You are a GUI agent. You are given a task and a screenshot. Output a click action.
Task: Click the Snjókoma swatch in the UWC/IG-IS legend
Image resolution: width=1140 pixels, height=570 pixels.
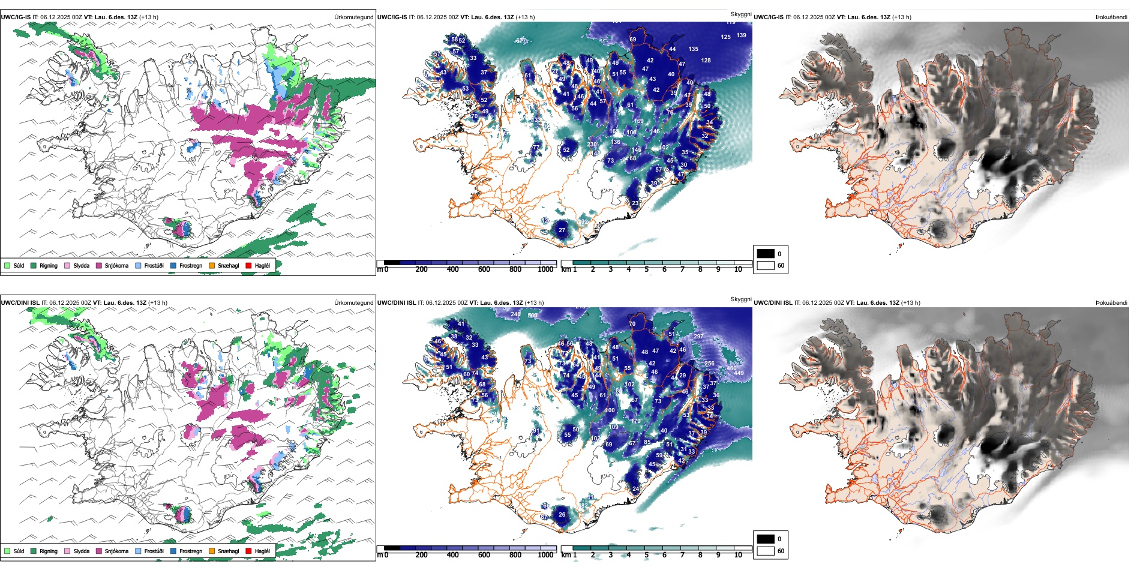(x=99, y=265)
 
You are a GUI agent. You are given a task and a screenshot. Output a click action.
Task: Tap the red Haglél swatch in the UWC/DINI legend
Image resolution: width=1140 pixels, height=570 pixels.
(x=248, y=551)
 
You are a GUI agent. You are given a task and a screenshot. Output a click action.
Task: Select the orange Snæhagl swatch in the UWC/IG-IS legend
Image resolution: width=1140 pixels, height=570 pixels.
(x=212, y=265)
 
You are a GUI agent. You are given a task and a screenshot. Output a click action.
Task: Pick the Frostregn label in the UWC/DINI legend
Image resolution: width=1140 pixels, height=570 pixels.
(x=190, y=551)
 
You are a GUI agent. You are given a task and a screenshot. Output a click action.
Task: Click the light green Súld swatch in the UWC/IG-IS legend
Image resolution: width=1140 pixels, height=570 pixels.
(x=7, y=265)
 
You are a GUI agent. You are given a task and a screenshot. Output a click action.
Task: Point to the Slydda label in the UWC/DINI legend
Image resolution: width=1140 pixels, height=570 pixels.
(x=81, y=551)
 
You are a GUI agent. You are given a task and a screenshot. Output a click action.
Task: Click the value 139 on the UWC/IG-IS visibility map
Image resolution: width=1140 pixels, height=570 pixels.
(x=742, y=35)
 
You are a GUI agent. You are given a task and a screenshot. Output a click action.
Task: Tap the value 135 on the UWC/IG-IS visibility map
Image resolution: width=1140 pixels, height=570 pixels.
(x=693, y=49)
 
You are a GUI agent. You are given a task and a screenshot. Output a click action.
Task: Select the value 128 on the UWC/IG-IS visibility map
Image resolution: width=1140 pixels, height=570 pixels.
(x=706, y=61)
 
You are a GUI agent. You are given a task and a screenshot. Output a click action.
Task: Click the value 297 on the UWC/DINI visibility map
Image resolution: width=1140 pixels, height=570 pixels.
(x=698, y=337)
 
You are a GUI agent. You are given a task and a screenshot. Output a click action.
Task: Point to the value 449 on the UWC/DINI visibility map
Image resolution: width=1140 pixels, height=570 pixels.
(x=739, y=373)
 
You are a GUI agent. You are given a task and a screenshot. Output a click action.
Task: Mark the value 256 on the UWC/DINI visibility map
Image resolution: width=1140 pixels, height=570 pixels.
(x=709, y=364)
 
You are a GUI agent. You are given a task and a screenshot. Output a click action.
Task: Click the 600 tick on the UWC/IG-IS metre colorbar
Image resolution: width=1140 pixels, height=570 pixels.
(x=484, y=269)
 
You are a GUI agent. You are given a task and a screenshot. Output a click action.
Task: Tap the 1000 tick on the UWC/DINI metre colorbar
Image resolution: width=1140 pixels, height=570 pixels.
(x=545, y=555)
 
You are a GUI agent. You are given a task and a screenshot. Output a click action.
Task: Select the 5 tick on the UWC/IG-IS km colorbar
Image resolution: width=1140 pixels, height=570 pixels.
(x=646, y=269)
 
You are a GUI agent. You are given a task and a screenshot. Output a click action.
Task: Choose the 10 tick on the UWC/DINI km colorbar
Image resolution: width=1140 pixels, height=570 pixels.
(x=738, y=555)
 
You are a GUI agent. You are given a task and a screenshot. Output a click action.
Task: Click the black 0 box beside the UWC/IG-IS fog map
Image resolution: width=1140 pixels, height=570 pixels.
(x=766, y=254)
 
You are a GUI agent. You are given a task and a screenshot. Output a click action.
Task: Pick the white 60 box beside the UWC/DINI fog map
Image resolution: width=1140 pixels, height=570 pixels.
(x=766, y=551)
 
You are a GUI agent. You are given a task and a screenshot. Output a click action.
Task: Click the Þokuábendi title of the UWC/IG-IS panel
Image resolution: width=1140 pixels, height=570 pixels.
(x=1111, y=17)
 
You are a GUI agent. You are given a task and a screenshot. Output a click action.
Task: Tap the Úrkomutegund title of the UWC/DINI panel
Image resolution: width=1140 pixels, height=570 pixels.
(x=353, y=303)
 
